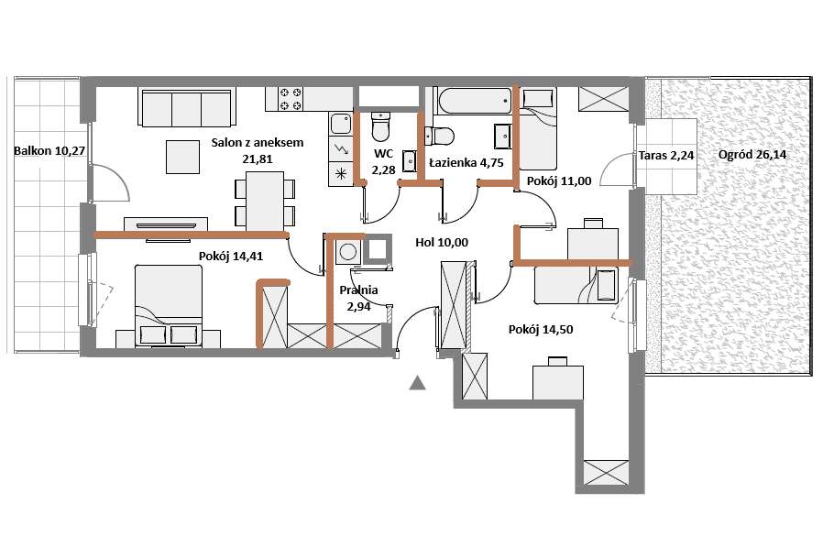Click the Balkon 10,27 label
[49, 151]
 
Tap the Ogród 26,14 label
[752, 155]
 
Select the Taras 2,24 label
[666, 156]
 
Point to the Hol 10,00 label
[442, 243]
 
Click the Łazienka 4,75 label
[466, 163]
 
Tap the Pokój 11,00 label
[559, 181]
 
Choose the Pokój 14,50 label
[541, 330]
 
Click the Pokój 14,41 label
[231, 257]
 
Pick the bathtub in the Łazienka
[476, 101]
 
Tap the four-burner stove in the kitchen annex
[291, 99]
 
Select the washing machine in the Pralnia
[348, 251]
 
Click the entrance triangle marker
[417, 383]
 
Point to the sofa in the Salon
[187, 107]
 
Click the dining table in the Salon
[265, 201]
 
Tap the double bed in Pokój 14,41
[169, 306]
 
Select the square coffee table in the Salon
[182, 157]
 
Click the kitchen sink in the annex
[341, 124]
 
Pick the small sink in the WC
[410, 160]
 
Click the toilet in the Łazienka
[439, 136]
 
